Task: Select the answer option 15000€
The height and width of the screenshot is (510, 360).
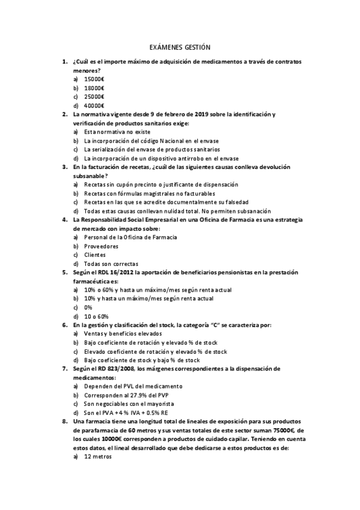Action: coord(94,79)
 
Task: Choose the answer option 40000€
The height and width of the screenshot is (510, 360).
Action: coord(94,105)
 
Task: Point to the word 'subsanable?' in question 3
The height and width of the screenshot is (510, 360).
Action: coord(90,176)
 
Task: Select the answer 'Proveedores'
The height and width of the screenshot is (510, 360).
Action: coord(101,246)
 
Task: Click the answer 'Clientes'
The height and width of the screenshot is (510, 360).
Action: coord(95,255)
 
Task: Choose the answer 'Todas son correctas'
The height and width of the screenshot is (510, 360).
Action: coord(111,263)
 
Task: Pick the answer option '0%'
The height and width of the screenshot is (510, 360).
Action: coord(88,307)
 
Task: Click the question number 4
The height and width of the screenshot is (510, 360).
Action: coord(65,220)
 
